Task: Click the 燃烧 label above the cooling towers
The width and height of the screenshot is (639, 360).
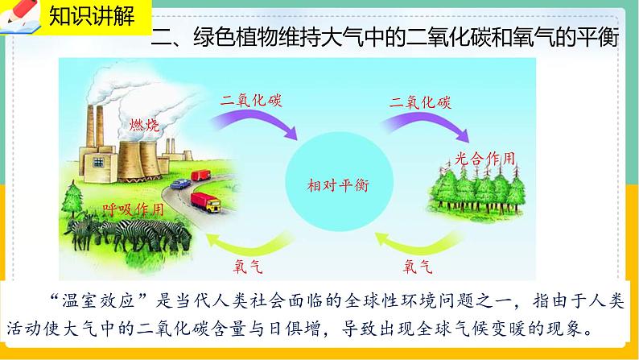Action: coord(144,125)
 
